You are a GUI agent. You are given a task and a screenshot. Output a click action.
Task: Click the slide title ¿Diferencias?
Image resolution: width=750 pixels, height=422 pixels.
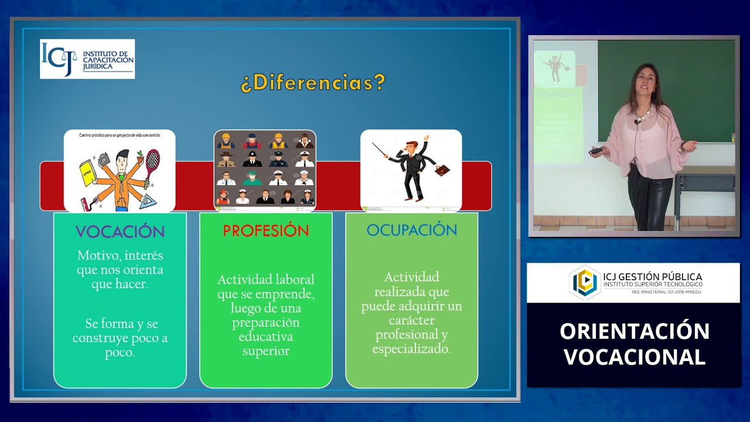coord(312,83)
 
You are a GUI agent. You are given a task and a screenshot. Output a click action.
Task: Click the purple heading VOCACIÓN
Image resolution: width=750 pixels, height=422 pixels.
coord(120,232)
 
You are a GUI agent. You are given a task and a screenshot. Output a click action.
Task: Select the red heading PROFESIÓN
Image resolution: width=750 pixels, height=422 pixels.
coord(265,231)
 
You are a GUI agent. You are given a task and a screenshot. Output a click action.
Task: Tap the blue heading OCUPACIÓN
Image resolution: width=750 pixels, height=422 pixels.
coord(411,230)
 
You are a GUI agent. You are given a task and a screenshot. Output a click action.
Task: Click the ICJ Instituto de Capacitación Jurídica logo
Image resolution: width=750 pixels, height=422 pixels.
coord(87,59)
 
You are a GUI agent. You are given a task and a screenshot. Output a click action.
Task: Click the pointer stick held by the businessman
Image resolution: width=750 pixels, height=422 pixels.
coord(381,150)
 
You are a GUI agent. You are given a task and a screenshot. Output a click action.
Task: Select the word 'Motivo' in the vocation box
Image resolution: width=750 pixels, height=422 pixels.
coord(97,256)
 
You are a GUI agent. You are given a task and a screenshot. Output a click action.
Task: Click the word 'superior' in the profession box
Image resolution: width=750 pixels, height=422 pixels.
coord(266,351)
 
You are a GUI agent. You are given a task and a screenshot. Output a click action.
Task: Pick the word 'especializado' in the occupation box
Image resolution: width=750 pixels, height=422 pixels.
coord(411,349)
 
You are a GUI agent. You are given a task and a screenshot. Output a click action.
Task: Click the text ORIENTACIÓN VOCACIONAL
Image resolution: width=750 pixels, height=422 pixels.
coord(634,343)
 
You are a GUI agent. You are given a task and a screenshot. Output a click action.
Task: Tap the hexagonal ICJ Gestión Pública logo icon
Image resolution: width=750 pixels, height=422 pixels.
coord(584,282)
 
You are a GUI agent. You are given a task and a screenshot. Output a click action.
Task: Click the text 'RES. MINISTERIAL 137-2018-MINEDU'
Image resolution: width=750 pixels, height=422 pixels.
coord(666,292)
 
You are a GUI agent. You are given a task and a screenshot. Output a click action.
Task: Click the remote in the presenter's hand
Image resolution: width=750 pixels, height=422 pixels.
coord(596,151)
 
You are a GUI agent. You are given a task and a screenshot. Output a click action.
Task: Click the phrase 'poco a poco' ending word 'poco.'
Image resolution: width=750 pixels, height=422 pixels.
coord(120,353)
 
